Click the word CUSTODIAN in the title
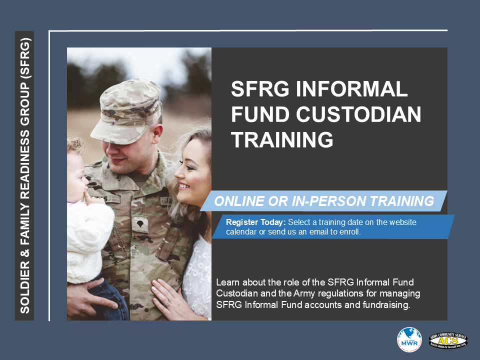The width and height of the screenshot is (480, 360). click(x=358, y=115)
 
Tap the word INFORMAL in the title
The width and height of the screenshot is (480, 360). click(x=355, y=89)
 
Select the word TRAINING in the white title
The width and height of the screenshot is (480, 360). click(x=282, y=140)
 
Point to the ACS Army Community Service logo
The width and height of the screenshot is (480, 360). click(x=448, y=339)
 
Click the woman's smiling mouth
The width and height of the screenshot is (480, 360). click(x=183, y=186)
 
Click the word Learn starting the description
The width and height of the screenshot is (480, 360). click(x=227, y=282)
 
